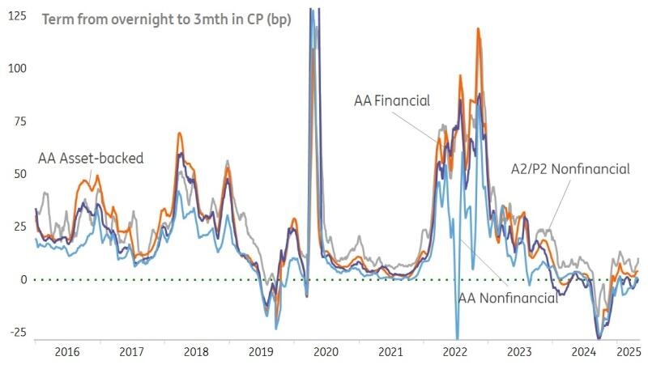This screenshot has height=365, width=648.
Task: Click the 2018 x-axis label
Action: [x=195, y=352]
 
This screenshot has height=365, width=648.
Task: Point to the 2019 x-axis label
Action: [x=260, y=352]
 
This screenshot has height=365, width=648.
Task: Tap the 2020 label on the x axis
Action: [x=325, y=352]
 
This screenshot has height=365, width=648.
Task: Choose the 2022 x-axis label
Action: [x=454, y=352]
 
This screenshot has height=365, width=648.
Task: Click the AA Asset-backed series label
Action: [x=91, y=159]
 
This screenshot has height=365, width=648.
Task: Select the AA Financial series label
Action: [x=391, y=101]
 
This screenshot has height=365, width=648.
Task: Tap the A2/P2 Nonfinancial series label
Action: [x=570, y=169]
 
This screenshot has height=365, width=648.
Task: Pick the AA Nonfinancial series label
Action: [x=508, y=298]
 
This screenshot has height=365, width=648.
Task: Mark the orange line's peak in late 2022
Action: [x=478, y=29]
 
